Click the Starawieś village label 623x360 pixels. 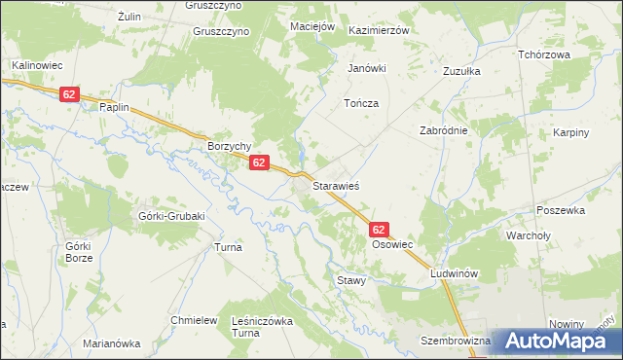337,184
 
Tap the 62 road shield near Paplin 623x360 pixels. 68,94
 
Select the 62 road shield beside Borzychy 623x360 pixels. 258,163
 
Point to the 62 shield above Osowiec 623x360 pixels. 380,230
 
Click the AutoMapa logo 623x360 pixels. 556,342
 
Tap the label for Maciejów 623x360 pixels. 312,25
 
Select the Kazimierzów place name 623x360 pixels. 381,30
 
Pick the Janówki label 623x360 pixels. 368,68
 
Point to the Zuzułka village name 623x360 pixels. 462,71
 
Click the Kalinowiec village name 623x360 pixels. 37,65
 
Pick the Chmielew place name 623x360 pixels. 193,320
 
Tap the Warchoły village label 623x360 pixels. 530,234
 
